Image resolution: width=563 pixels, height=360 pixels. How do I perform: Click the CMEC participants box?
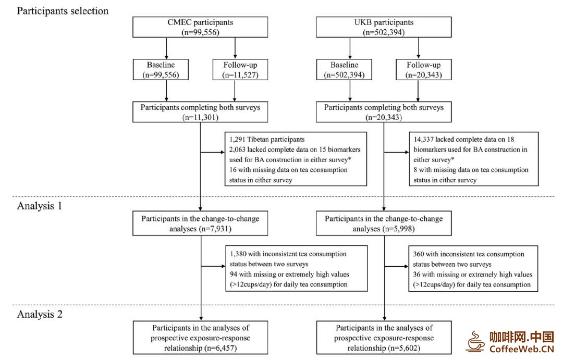[x=200, y=27]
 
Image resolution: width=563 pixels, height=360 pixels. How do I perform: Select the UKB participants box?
[x=384, y=27]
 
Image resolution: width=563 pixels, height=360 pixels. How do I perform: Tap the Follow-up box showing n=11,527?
[x=240, y=70]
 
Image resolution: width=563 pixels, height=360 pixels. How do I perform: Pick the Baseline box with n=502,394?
[x=344, y=70]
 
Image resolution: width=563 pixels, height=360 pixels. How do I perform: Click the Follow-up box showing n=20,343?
[x=424, y=70]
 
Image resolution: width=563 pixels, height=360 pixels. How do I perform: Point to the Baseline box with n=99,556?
[x=161, y=70]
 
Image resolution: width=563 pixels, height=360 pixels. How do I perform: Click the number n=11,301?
[x=200, y=117]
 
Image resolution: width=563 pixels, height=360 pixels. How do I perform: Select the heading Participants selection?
[x=63, y=11]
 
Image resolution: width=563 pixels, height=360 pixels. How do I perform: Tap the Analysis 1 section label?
[x=40, y=206]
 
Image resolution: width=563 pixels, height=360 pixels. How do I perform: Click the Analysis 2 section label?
[x=40, y=315]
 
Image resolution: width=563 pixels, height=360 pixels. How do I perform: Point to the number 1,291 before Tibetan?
[x=237, y=140]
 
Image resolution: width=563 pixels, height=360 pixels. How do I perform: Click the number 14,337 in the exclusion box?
[x=423, y=140]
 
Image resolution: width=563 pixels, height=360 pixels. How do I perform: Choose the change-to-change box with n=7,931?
[x=200, y=224]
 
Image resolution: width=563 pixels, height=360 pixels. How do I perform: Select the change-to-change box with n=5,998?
[x=384, y=224]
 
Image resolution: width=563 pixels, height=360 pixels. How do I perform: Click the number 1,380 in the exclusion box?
[x=238, y=254]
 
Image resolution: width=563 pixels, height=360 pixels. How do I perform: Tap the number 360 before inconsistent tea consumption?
[x=418, y=254]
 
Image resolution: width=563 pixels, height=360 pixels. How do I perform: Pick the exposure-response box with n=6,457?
[x=200, y=338]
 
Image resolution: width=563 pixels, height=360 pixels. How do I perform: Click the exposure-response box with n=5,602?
[x=384, y=338]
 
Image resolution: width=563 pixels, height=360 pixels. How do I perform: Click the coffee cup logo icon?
[x=475, y=341]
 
